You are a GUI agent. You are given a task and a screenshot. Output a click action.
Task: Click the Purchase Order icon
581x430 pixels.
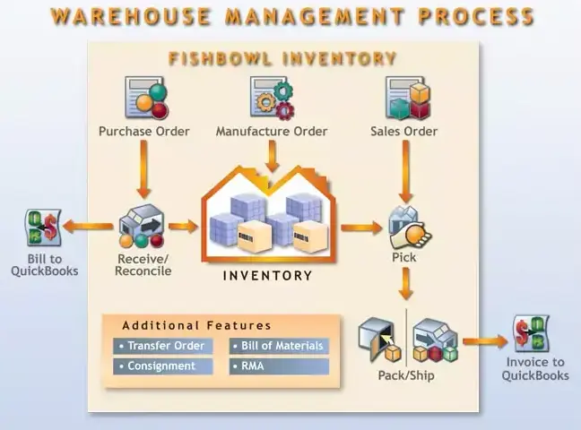pyautogui.click(x=144, y=99)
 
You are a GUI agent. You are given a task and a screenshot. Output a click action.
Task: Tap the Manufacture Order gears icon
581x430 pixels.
pyautogui.click(x=272, y=98)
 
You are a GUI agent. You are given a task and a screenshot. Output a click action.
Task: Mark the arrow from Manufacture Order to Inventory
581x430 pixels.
pyautogui.click(x=272, y=158)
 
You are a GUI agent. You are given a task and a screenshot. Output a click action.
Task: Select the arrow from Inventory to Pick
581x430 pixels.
pyautogui.click(x=360, y=228)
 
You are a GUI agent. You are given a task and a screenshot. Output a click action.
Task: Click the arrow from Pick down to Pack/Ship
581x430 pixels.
pyautogui.click(x=406, y=286)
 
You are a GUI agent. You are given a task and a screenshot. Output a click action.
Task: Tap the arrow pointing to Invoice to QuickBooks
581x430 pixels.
pyautogui.click(x=484, y=340)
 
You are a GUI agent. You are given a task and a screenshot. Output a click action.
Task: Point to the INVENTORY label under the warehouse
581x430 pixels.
pyautogui.click(x=267, y=275)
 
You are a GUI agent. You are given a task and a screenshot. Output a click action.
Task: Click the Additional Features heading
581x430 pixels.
pyautogui.click(x=196, y=325)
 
